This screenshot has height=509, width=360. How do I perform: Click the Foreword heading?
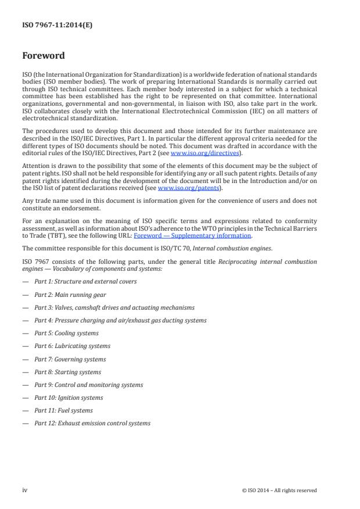click(x=44, y=56)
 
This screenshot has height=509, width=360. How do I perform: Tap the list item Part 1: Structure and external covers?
click(x=85, y=282)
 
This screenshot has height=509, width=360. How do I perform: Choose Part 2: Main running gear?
click(x=71, y=295)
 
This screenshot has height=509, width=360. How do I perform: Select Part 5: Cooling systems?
click(x=66, y=333)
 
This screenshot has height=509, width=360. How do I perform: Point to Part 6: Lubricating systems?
click(x=72, y=346)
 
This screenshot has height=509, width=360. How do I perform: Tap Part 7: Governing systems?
click(x=70, y=359)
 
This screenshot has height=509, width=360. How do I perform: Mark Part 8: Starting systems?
click(x=67, y=372)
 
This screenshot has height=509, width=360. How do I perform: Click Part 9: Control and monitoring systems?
click(x=88, y=385)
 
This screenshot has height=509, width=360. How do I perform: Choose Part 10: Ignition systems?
click(x=69, y=397)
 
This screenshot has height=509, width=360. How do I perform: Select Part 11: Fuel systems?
click(x=63, y=410)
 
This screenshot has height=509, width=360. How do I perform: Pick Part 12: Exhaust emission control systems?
click(x=92, y=423)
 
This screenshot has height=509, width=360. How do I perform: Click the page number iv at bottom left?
click(x=24, y=490)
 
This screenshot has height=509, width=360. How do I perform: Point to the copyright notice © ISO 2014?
click(x=279, y=490)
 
